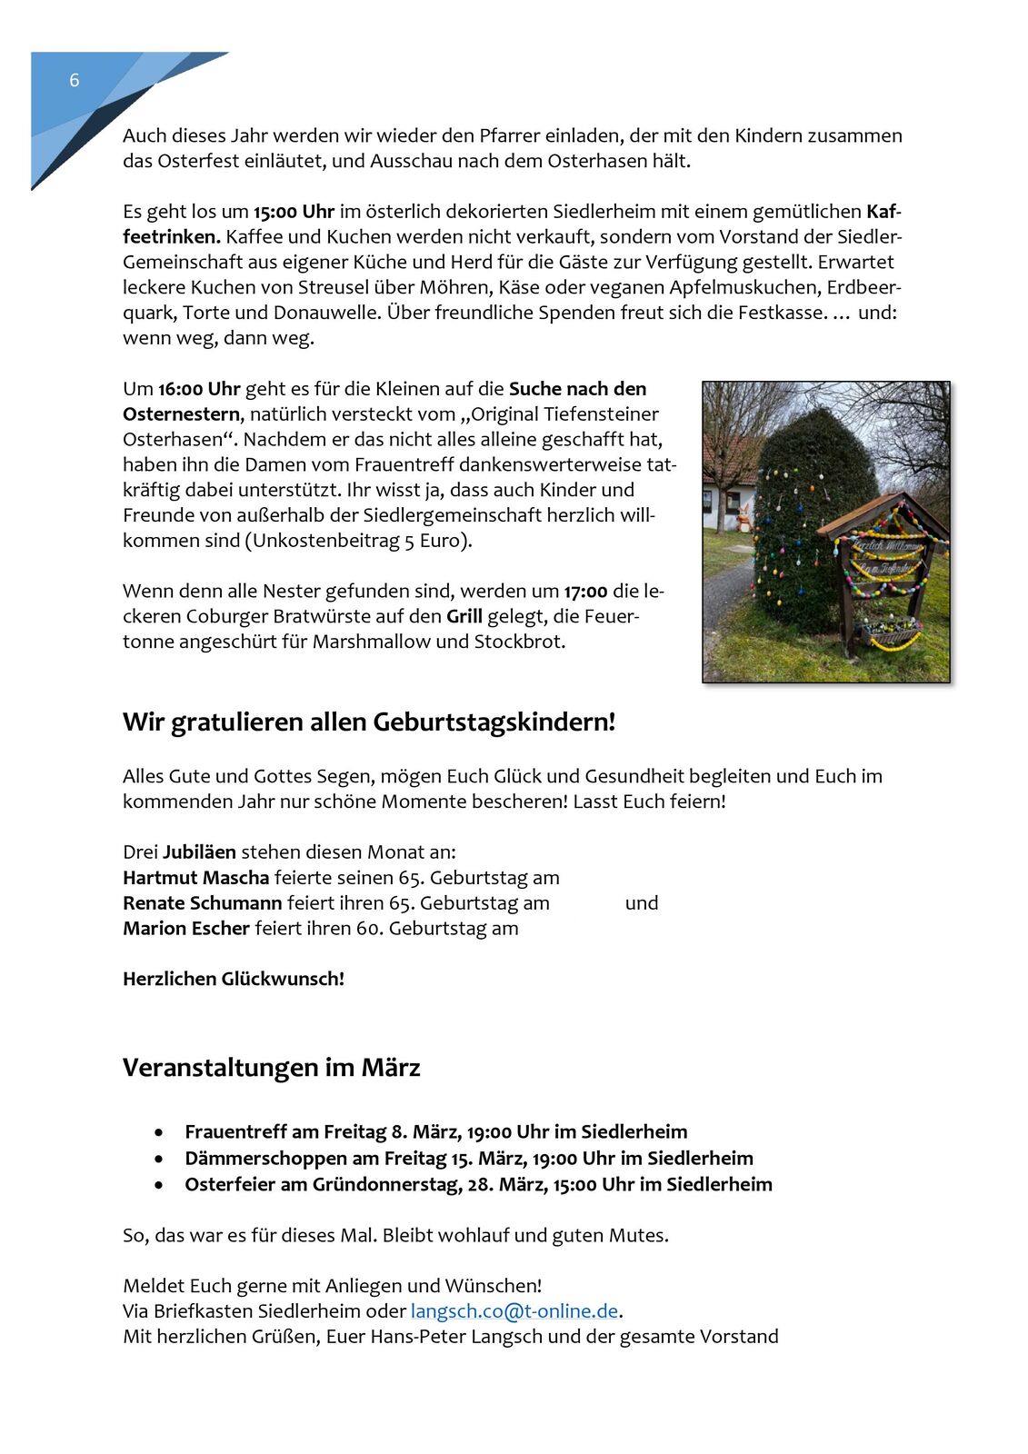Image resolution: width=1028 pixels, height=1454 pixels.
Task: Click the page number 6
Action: coord(75,81)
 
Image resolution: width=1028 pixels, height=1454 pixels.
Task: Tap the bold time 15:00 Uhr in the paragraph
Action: coord(294,212)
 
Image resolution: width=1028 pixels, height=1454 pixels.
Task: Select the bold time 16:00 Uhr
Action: coord(199,389)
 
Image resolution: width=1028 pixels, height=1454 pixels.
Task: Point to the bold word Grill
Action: coord(464,616)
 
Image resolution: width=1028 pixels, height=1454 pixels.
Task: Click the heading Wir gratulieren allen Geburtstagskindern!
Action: coord(369,722)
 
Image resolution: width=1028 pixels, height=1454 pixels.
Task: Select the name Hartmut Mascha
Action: coord(196,878)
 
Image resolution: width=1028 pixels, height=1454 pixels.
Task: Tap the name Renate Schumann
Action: coord(203,903)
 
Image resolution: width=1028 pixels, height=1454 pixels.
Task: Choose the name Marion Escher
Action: coord(186,929)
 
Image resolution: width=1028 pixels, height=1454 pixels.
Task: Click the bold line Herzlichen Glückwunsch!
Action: coord(234,979)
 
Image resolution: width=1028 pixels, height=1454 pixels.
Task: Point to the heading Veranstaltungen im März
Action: coord(271,1067)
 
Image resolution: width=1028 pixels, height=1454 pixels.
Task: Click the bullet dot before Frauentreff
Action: coord(160,1133)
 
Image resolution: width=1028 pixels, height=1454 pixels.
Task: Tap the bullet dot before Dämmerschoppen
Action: coord(160,1160)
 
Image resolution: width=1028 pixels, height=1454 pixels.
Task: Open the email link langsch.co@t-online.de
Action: coord(514,1311)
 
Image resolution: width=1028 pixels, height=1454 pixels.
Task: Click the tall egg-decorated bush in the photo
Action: coord(809,509)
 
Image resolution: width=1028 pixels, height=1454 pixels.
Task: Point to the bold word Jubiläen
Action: coord(199,852)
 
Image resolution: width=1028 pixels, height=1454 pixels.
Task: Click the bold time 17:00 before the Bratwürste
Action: coord(585,592)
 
